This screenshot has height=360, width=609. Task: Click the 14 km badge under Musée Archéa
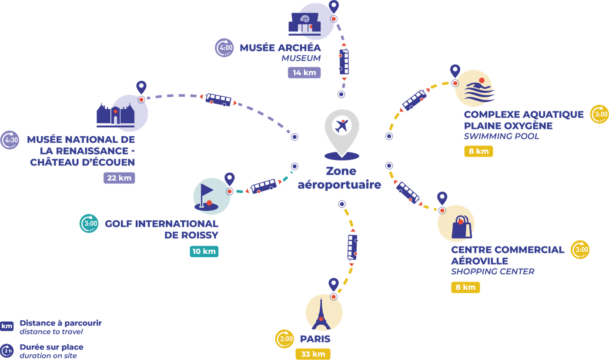(304, 73)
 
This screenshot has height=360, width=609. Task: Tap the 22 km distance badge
(119, 178)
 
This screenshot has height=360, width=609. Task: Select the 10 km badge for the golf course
(204, 252)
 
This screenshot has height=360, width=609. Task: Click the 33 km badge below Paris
(313, 354)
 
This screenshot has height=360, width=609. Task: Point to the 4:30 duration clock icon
(10, 140)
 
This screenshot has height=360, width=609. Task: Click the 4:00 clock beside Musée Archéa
(224, 47)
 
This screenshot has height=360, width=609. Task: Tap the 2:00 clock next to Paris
(284, 339)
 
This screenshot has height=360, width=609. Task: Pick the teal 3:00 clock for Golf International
(89, 223)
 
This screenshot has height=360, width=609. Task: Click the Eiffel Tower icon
(321, 314)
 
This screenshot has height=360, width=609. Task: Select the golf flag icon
(206, 197)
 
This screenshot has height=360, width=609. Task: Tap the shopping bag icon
(462, 227)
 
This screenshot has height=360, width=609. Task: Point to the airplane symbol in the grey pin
(342, 126)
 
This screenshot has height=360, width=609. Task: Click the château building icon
(116, 115)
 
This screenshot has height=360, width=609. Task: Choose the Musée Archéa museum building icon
(304, 24)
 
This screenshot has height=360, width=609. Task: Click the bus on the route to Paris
(352, 247)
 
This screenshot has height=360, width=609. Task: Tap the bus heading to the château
(218, 100)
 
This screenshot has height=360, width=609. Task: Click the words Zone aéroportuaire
(340, 178)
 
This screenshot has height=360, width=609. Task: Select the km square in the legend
(7, 326)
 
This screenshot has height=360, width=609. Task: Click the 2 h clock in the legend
(7, 351)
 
